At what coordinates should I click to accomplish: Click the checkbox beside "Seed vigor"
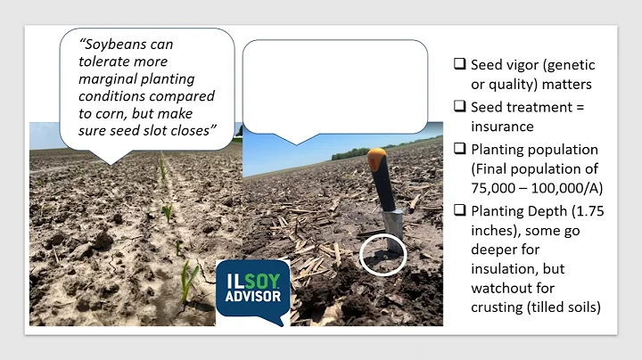pyautogui.click(x=458, y=64)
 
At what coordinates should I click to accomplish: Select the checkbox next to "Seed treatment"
pyautogui.click(x=458, y=105)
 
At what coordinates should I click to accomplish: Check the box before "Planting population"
pyautogui.click(x=458, y=147)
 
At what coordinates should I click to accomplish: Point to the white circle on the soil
pyautogui.click(x=383, y=256)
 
